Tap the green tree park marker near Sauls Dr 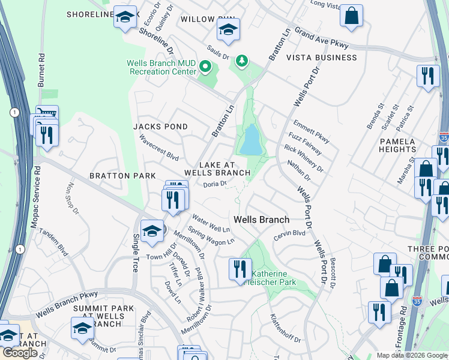click(x=241, y=61)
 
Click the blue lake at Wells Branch click(x=250, y=140)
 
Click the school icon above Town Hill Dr click(x=152, y=231)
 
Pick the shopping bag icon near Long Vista click(x=351, y=15)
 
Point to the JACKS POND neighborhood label click(x=160, y=127)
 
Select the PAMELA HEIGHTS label click(x=397, y=146)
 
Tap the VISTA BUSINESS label click(x=321, y=58)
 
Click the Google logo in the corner click(x=20, y=353)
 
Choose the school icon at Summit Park click(x=83, y=328)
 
